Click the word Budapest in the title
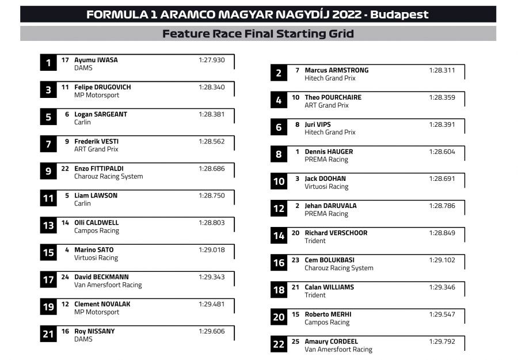point(399,15)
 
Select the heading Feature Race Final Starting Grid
point(258,33)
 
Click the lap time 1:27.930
point(212,60)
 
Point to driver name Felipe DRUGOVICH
point(102,87)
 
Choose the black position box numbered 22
point(279,344)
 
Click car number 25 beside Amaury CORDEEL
point(295,342)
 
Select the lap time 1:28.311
point(442,70)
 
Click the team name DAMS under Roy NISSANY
point(83,339)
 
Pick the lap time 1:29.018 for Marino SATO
point(212,250)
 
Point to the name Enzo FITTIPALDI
point(99,169)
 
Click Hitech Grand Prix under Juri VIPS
point(330,132)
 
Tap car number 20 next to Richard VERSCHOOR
point(295,233)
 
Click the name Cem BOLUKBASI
point(329,260)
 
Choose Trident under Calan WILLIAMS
point(315,295)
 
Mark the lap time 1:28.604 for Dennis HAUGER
point(442,151)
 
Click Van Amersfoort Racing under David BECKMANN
point(108,285)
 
